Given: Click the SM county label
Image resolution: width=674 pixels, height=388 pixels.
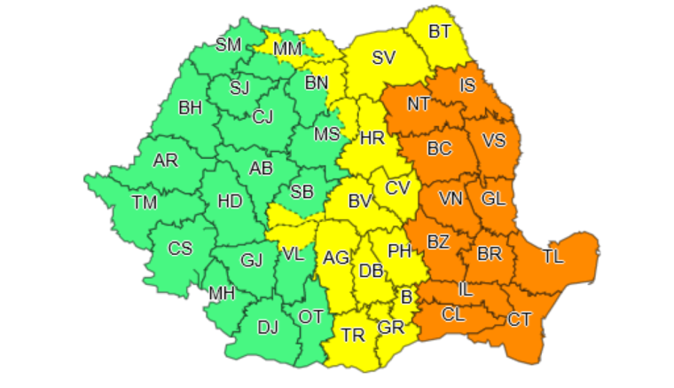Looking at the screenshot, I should click(x=229, y=44).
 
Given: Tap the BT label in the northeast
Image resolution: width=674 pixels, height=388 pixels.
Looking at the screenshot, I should click(x=440, y=32).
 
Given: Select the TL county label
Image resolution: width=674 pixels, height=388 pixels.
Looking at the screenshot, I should click(x=553, y=257).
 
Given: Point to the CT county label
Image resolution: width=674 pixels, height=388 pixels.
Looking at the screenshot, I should click(x=520, y=319).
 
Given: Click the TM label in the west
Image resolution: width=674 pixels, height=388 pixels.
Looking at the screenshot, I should click(x=145, y=202).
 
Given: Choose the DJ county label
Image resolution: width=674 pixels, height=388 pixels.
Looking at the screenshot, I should click(x=268, y=327).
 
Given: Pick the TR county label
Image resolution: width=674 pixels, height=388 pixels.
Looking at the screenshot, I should click(x=353, y=336).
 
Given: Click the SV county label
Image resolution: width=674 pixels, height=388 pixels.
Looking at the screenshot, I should click(x=383, y=59).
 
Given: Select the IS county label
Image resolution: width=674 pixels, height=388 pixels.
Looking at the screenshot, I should click(x=467, y=86).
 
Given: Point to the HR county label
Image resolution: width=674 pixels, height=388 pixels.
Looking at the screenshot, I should click(x=371, y=139).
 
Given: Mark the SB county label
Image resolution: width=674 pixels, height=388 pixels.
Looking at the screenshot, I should click(x=302, y=193).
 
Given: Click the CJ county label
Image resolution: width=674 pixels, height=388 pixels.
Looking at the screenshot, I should click(x=263, y=116).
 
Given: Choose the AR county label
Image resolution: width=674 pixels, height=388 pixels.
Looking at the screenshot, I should click(x=165, y=161).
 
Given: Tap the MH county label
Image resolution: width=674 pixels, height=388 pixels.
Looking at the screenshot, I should click(x=222, y=293).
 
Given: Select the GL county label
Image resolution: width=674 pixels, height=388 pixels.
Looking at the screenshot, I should click(x=493, y=199).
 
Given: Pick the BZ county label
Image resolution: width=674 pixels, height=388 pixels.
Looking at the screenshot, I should click(x=438, y=242).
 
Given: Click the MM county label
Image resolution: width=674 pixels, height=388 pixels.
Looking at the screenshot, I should click(x=287, y=49).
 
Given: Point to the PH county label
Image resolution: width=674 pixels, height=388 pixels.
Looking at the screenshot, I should click(x=401, y=250).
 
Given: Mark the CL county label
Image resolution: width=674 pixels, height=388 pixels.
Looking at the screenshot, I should click(x=452, y=313).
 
